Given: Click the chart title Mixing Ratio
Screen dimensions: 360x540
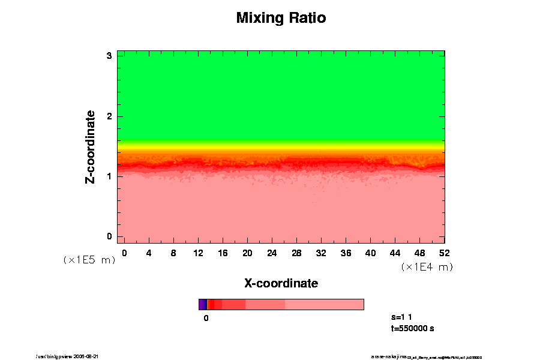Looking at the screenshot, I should (281, 18).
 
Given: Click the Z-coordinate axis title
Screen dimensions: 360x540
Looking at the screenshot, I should (91, 146).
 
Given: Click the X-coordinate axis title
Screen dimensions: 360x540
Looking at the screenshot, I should (281, 283).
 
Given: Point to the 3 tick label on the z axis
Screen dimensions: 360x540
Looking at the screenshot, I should (110, 56).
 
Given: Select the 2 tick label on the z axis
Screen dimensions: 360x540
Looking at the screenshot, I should (110, 116).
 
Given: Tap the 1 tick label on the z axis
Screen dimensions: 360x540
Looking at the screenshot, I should (110, 176).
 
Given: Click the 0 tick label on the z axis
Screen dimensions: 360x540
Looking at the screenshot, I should (110, 236).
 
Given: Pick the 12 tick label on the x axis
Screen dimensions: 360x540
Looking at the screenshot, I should (198, 253).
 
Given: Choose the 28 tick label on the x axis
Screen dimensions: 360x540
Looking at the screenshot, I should (296, 253).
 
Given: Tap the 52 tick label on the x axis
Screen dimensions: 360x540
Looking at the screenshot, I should (445, 253).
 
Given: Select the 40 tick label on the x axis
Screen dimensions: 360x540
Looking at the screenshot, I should (370, 253).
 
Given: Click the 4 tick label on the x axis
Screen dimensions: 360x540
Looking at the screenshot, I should (149, 253).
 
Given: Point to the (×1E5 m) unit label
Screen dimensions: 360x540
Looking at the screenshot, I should (89, 260).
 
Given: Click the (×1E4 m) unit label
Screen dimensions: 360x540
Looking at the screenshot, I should (427, 267).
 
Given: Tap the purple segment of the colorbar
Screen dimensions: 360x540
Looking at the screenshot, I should (203, 304).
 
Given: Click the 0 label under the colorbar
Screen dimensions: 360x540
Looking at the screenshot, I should (206, 319).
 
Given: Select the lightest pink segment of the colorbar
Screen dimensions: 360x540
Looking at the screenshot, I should (324, 304).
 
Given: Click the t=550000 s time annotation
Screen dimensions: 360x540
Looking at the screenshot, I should (412, 328).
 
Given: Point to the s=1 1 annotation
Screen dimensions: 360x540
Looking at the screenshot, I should (401, 317).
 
